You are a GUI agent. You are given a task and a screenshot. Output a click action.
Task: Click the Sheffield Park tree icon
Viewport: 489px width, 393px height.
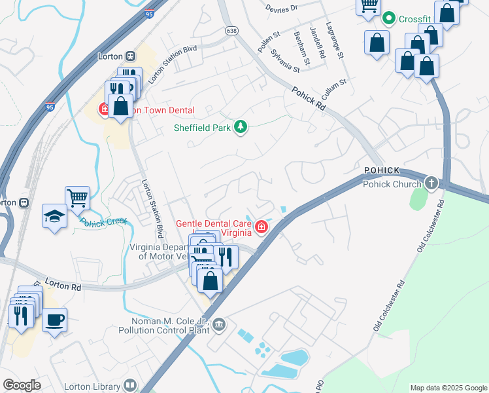(241, 127)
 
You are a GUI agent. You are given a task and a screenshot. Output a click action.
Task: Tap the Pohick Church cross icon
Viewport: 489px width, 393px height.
(431, 183)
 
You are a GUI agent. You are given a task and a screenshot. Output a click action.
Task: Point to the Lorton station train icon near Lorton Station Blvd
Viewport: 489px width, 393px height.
(131, 56)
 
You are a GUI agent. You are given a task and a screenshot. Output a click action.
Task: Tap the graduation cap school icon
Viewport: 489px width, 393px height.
(54, 215)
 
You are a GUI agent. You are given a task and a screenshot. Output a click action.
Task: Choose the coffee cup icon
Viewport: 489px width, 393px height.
(55, 320)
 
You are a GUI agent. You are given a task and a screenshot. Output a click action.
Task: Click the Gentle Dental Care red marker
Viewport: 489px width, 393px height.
(262, 227)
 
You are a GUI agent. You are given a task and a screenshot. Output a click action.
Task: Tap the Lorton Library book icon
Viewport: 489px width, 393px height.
(131, 386)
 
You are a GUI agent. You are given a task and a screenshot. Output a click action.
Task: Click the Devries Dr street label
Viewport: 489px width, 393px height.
(282, 7)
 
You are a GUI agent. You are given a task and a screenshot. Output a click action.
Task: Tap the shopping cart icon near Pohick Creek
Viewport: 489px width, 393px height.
(77, 196)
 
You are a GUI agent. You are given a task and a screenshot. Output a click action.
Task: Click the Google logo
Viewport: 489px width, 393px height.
(22, 385)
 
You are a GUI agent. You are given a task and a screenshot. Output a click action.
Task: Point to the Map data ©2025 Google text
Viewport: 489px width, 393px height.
(448, 388)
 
